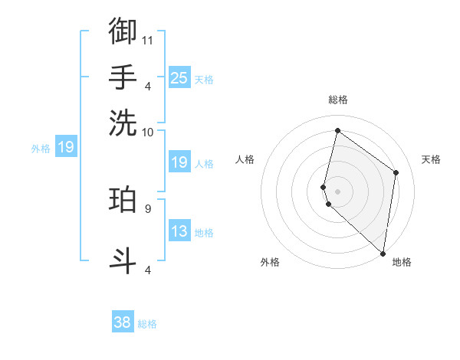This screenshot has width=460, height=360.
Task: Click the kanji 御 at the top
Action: pos(123,31)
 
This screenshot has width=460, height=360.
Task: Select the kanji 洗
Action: pos(123,123)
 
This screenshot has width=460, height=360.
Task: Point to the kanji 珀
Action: pos(123,199)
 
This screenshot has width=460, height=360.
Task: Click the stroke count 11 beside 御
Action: pos(148,40)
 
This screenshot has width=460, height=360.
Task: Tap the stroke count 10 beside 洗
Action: pos(148,132)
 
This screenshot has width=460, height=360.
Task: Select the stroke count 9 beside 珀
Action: pos(147,208)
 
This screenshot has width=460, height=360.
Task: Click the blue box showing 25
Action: pos(179,77)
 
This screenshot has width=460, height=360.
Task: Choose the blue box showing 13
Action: pos(179,231)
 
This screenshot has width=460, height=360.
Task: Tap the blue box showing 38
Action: pos(123,322)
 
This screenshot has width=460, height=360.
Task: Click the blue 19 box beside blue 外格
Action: pos(66,146)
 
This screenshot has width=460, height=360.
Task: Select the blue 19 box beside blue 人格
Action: pos(179,162)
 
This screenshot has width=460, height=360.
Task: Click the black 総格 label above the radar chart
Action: pos(338,100)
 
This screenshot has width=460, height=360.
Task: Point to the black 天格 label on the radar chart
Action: pos(431,159)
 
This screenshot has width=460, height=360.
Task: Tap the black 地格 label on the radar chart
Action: pos(402,262)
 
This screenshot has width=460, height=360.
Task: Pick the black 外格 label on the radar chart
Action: pos(270,262)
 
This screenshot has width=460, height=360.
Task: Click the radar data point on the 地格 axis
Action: pos(383,254)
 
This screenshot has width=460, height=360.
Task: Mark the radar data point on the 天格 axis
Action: pos(396,172)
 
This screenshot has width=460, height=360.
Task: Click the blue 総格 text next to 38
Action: pos(147,324)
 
